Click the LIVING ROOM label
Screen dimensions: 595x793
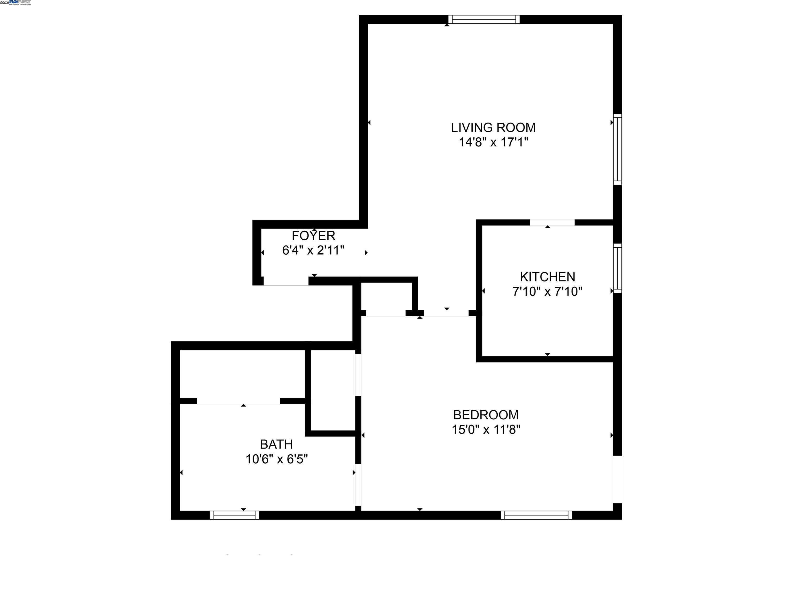[x=493, y=128]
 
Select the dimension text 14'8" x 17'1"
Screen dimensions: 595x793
[x=493, y=142]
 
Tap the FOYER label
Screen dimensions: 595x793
[x=313, y=236]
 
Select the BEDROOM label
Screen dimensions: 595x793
[x=486, y=415]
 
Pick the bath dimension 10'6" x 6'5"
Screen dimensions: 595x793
[x=276, y=459]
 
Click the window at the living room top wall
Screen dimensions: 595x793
[x=483, y=19]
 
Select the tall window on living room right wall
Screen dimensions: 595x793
[x=617, y=149]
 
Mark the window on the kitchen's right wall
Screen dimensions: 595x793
[x=617, y=268]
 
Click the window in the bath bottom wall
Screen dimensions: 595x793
[x=234, y=515]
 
